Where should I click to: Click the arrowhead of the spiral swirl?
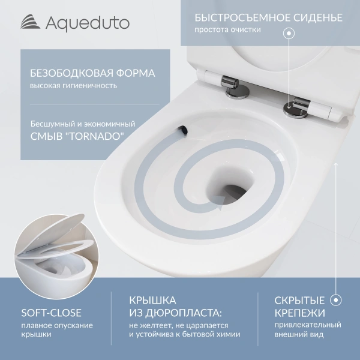[224, 207]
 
